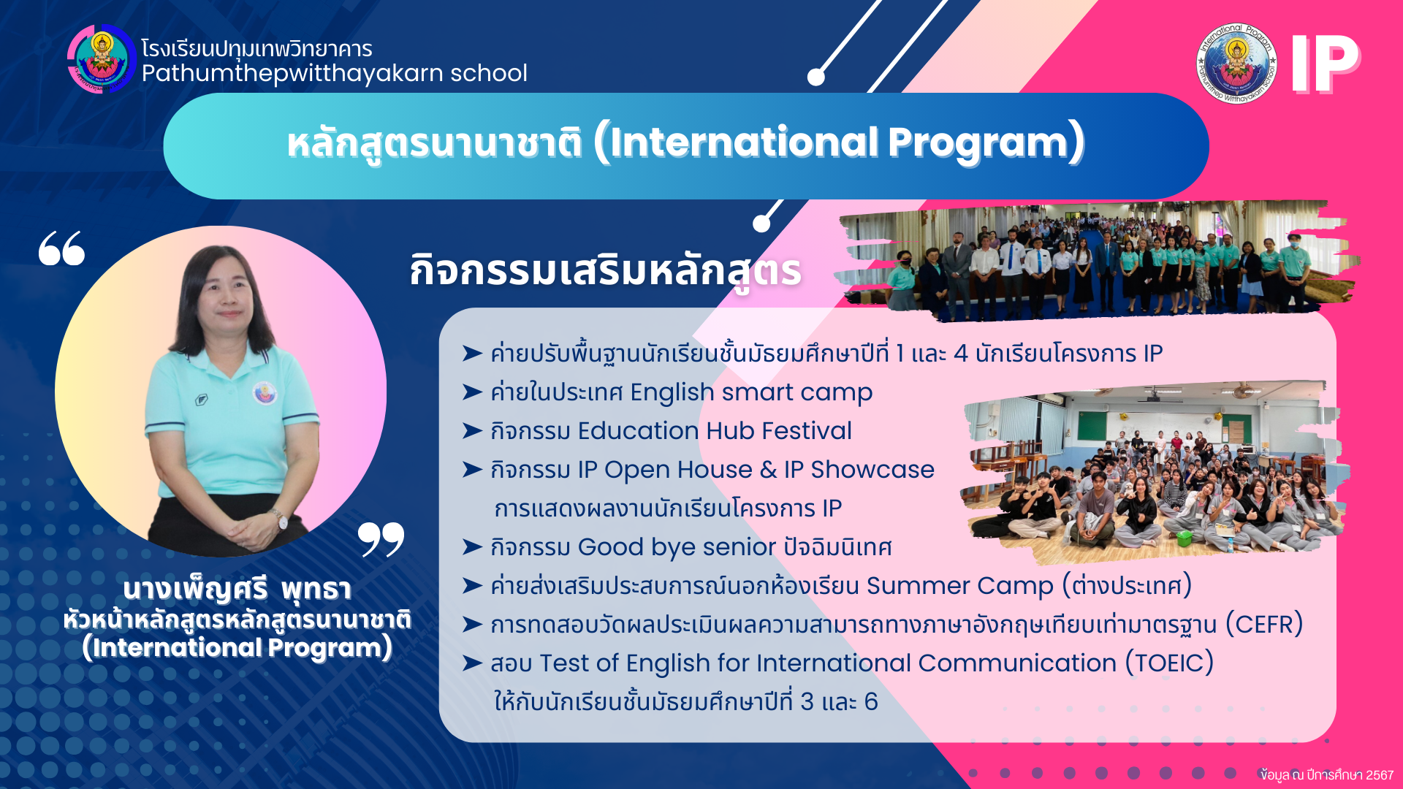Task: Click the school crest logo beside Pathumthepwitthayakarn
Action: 102,58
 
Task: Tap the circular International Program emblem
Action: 1236,63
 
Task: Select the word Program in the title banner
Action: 986,142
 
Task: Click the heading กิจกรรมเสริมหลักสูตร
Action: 605,271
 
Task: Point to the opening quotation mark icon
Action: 61,248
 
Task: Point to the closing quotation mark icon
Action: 381,540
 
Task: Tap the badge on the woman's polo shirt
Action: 265,392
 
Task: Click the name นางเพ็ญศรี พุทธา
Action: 237,589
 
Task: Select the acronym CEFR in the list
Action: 1264,625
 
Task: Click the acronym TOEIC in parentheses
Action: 1169,663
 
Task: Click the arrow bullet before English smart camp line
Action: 472,392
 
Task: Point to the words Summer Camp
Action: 960,586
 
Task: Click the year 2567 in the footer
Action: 1380,775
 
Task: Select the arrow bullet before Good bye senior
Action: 472,547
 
